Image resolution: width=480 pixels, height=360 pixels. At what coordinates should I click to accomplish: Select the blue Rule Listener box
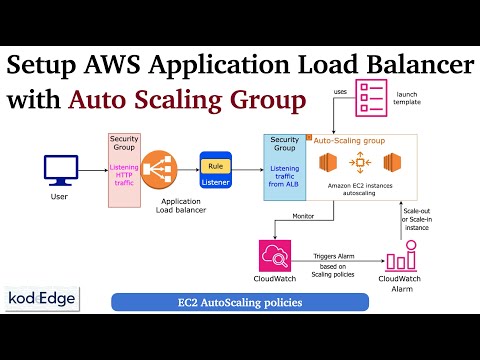pos(215,165)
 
